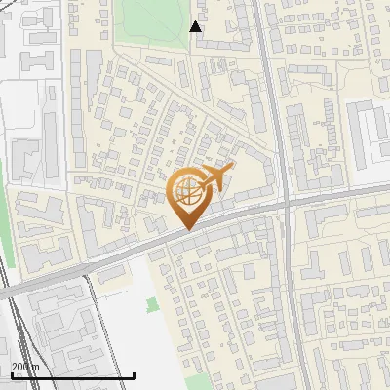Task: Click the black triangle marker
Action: [196, 26]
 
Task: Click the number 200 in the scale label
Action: [20, 367]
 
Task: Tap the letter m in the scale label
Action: [36, 367]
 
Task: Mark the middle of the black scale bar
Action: [72, 375]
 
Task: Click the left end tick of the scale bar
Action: [11, 374]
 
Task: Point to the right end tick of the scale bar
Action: [134, 374]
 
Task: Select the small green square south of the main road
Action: [151, 305]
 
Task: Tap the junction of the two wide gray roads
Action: [285, 204]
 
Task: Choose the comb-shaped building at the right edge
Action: [370, 132]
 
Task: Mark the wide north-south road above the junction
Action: [272, 97]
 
